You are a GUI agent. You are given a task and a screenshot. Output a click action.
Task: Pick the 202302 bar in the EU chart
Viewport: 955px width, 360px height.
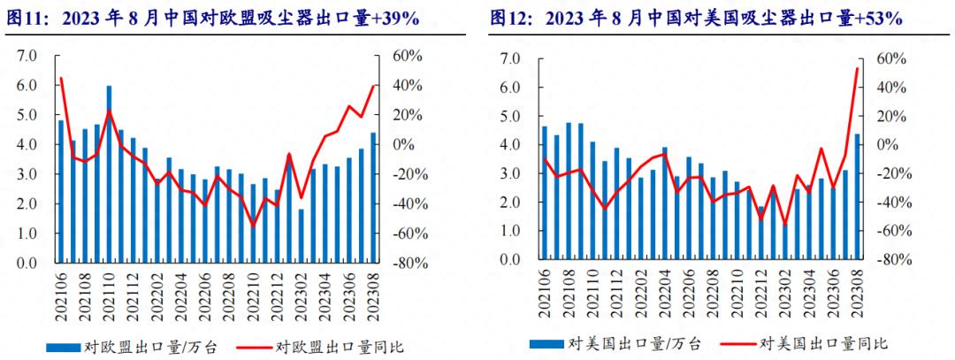pyautogui.click(x=301, y=235)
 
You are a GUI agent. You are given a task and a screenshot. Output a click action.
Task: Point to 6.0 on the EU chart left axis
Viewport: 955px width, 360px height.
pyautogui.click(x=27, y=86)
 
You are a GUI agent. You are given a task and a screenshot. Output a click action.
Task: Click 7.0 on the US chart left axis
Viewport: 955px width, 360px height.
pyautogui.click(x=510, y=59)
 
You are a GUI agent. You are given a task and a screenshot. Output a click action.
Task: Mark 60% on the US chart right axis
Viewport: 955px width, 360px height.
pyautogui.click(x=891, y=59)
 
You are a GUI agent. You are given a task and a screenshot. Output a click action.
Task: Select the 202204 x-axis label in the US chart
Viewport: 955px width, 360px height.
pyautogui.click(x=665, y=295)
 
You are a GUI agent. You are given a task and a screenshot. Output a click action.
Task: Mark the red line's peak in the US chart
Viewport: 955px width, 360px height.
pyautogui.click(x=857, y=68)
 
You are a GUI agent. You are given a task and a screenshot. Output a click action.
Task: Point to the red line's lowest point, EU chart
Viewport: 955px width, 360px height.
pyautogui.click(x=253, y=226)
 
